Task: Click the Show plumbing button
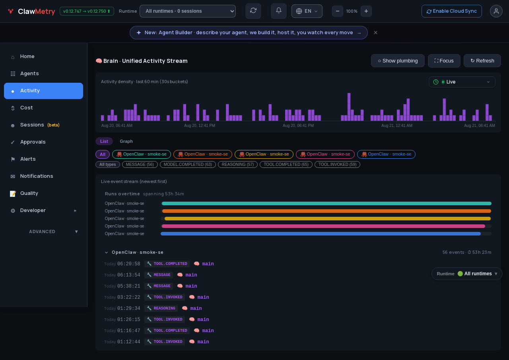[x=398, y=61]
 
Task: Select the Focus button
[x=444, y=61]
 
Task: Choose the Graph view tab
[x=126, y=141]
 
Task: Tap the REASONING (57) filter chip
[x=238, y=164]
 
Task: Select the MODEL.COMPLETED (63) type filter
[x=188, y=164]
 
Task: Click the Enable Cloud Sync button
[x=451, y=11]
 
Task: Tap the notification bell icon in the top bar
[x=279, y=11]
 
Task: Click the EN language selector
[x=307, y=11]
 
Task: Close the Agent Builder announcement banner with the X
[x=375, y=33]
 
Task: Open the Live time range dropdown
[x=462, y=82]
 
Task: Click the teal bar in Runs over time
[x=326, y=203]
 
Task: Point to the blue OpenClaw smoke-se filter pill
[x=386, y=154]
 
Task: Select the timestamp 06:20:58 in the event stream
[x=128, y=264]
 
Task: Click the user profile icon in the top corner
[x=496, y=11]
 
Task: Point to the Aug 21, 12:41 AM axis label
[x=396, y=125]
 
